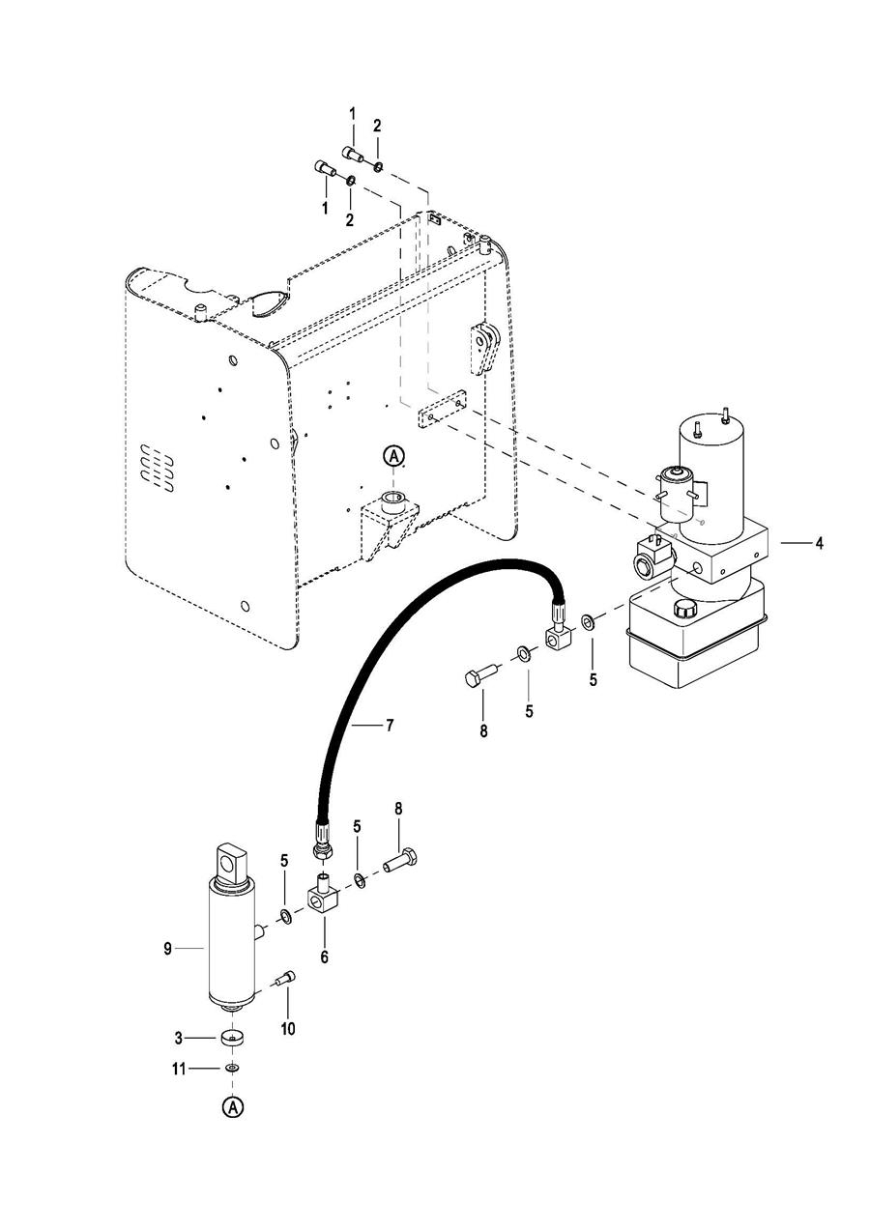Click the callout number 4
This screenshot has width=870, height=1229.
(819, 543)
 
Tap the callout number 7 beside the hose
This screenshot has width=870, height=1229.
(390, 726)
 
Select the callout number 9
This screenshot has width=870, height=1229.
(167, 949)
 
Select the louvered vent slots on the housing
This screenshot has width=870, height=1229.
(157, 467)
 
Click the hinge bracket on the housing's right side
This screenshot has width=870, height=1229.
(484, 349)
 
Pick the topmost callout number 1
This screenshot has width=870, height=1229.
(353, 114)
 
